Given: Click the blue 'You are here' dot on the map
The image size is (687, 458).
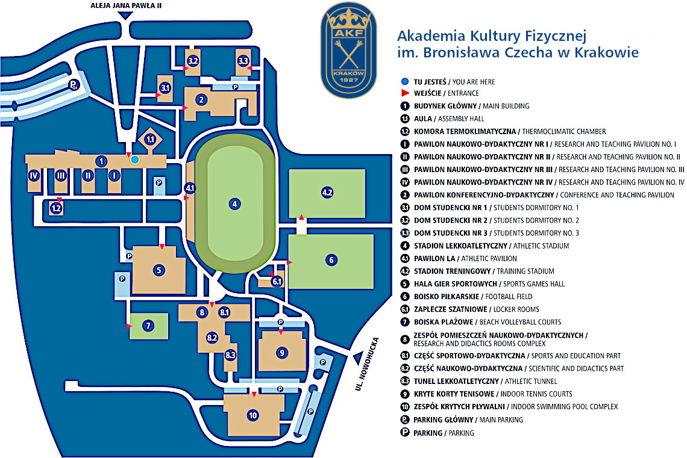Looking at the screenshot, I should pos(135,159).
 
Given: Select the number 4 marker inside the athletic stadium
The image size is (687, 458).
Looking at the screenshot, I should pos(234,203).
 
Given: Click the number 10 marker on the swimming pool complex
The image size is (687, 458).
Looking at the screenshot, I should pos(253,415).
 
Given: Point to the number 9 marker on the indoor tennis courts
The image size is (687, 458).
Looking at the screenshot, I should pos(281,352).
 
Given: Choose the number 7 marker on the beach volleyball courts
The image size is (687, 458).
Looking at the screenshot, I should pos(148,326).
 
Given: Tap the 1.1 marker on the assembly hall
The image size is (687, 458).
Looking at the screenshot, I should pos(151,140).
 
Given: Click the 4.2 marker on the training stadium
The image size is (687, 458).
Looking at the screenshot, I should pos(327,193).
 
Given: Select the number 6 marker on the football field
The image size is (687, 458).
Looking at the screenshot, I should pos(331,260).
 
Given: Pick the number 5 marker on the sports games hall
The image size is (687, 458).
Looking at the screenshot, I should pos(159,270).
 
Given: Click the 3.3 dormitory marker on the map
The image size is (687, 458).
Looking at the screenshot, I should pos(243,61).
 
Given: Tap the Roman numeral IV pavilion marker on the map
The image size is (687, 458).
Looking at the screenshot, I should pos(34,176).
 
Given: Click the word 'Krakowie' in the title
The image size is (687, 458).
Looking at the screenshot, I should pos(609,52).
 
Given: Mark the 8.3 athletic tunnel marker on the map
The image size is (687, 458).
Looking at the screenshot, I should pos(231,355).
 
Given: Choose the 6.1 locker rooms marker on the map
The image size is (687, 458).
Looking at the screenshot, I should pos(277,281).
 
